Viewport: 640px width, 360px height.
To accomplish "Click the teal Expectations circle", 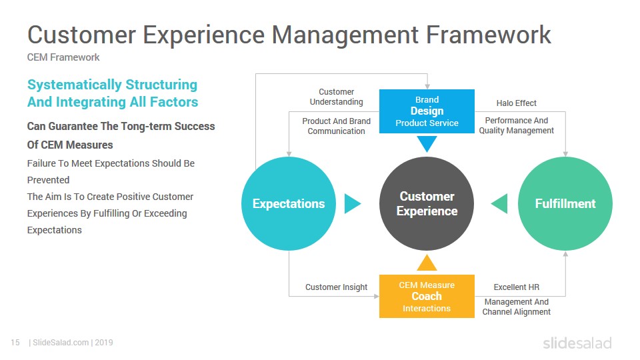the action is pyautogui.click(x=289, y=203).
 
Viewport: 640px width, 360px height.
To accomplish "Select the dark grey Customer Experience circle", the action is pyautogui.click(x=427, y=203).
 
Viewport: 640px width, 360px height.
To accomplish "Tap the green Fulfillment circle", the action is pyautogui.click(x=565, y=203).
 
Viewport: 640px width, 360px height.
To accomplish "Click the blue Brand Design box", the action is pyautogui.click(x=427, y=111).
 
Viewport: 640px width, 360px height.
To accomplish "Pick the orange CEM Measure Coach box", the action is pyautogui.click(x=427, y=296).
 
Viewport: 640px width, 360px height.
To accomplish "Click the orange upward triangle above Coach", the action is pyautogui.click(x=427, y=263).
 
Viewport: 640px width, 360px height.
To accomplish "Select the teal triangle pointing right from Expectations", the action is pyautogui.click(x=352, y=203).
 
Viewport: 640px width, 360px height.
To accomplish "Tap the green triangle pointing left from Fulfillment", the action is pyautogui.click(x=499, y=203).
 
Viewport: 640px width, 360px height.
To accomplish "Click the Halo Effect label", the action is pyautogui.click(x=516, y=103).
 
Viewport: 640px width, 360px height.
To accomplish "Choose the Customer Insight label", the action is pyautogui.click(x=336, y=287).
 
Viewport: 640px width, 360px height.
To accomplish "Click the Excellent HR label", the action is pyautogui.click(x=516, y=287).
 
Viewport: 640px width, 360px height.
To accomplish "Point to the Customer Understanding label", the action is pyautogui.click(x=336, y=97).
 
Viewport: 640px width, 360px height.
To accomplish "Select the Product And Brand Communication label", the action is pyautogui.click(x=336, y=126).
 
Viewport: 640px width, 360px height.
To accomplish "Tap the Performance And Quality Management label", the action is pyautogui.click(x=516, y=125).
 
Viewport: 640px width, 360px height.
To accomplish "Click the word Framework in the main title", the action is pyautogui.click(x=489, y=35).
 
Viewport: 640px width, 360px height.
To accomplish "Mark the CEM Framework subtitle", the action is pyautogui.click(x=63, y=57).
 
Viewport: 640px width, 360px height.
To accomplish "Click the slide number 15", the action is pyautogui.click(x=15, y=343).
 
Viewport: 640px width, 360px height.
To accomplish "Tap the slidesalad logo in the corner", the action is pyautogui.click(x=577, y=343).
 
